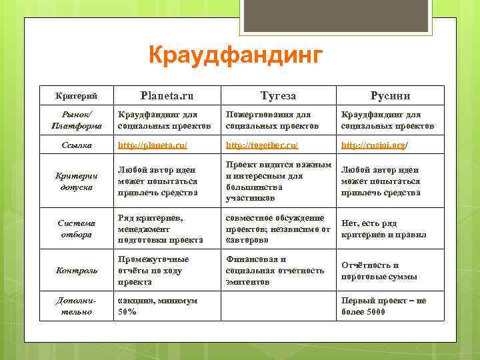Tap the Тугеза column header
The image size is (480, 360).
pyautogui.click(x=277, y=95)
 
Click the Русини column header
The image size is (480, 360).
pyautogui.click(x=390, y=95)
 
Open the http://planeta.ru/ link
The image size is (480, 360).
pyautogui.click(x=153, y=145)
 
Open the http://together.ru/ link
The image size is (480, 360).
pyautogui.click(x=262, y=145)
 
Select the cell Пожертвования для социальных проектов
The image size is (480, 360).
pyautogui.click(x=268, y=120)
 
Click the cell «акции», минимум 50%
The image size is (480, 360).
pyautogui.click(x=157, y=306)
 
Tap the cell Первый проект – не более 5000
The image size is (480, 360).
pyautogui.click(x=383, y=306)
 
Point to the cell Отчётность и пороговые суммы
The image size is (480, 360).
pyautogui.click(x=379, y=271)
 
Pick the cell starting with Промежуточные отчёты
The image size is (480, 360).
pyautogui.click(x=153, y=271)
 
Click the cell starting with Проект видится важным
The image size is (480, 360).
pyautogui.click(x=278, y=181)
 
